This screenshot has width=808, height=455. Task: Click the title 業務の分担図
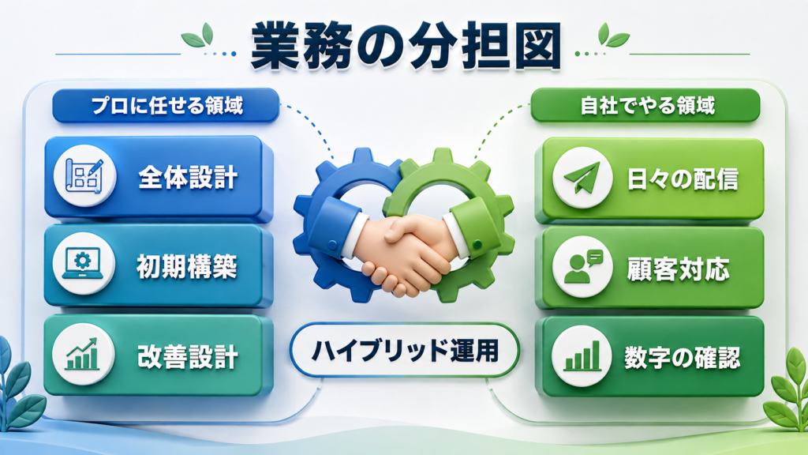click(x=406, y=46)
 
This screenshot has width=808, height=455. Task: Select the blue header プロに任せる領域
click(x=166, y=106)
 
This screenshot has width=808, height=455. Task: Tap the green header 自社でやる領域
click(x=645, y=106)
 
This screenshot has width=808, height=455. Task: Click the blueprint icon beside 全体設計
click(x=84, y=176)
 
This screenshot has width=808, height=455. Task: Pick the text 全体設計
click(x=188, y=178)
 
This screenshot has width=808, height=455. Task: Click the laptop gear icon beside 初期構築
click(x=84, y=264)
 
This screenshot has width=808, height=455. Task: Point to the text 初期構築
click(x=186, y=267)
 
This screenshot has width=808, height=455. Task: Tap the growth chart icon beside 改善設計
click(x=83, y=354)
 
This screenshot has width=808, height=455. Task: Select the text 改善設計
click(x=188, y=357)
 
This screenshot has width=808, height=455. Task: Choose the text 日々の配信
click(x=683, y=179)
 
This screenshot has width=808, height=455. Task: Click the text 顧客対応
click(x=678, y=269)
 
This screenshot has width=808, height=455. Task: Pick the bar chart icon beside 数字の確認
click(x=582, y=356)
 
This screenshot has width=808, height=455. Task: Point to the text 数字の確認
click(x=683, y=358)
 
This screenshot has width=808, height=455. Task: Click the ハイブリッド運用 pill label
click(x=405, y=351)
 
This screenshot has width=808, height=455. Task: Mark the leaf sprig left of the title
click(x=198, y=36)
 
